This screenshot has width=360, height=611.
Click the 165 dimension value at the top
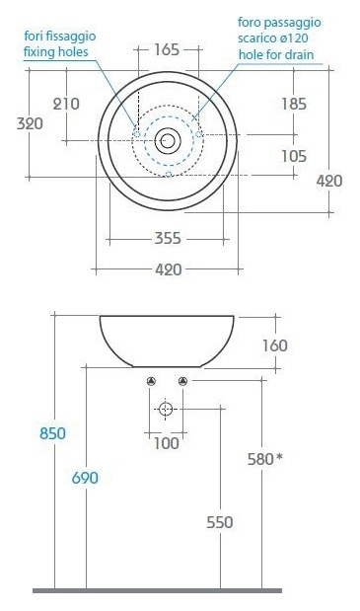click(x=167, y=50)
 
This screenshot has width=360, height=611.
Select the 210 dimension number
click(x=66, y=104)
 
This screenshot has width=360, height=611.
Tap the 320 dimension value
click(x=30, y=123)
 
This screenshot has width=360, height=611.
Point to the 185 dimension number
click(x=294, y=104)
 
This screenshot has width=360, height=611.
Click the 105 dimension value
click(x=294, y=156)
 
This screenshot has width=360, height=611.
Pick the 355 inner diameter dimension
click(x=168, y=238)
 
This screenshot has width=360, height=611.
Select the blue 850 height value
click(x=52, y=433)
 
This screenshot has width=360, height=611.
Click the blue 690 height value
click(x=85, y=478)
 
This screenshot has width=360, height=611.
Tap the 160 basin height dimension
click(x=275, y=345)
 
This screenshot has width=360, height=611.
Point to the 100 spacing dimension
click(x=166, y=443)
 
